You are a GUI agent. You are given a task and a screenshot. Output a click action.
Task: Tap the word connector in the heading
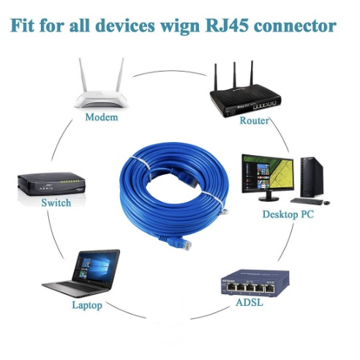click(x=295, y=26)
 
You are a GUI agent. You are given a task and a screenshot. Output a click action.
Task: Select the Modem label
click(x=102, y=117)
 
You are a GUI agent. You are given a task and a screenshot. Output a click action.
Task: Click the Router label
click(x=254, y=121)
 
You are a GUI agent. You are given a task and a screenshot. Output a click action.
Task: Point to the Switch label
click(x=56, y=203)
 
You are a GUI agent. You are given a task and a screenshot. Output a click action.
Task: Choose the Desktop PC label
click(x=288, y=214)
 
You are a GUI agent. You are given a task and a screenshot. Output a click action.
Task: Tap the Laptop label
click(x=87, y=305)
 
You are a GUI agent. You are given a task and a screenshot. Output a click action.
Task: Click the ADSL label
click(x=250, y=303)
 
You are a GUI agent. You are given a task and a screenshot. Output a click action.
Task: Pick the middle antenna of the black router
click(x=234, y=75)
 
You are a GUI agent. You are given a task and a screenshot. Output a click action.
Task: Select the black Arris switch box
click(x=51, y=184)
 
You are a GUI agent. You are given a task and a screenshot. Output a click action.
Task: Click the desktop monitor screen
click(x=268, y=173)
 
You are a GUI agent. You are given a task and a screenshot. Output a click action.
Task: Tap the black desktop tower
click(x=312, y=177)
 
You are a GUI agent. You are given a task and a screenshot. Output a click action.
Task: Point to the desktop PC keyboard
click(x=307, y=201)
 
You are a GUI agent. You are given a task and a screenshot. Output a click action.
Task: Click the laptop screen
click(x=95, y=267)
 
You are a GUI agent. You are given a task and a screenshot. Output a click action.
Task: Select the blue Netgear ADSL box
click(x=255, y=282)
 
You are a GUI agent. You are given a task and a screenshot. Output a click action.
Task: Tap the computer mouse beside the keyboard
click(x=326, y=203)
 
